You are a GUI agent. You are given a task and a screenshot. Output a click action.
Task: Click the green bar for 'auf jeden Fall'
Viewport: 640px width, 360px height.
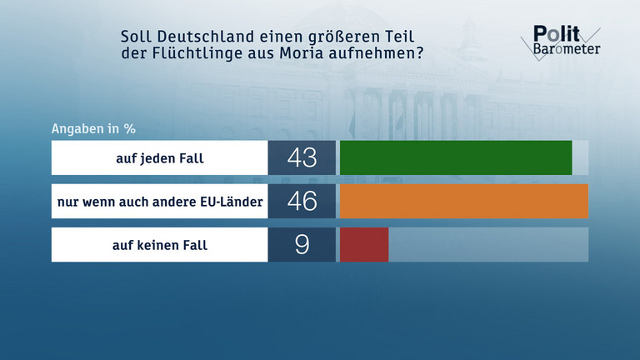pyautogui.click(x=456, y=157)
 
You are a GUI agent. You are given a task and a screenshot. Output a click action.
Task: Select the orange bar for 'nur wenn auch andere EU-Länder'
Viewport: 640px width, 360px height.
pyautogui.click(x=463, y=201)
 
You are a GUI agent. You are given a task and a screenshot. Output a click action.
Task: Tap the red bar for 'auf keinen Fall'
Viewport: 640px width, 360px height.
pyautogui.click(x=364, y=245)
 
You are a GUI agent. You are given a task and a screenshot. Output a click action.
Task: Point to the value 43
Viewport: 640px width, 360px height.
pyautogui.click(x=301, y=157)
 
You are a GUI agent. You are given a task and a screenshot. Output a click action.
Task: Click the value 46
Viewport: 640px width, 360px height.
pyautogui.click(x=301, y=201)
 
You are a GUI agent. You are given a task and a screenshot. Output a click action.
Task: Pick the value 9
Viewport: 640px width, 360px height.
pyautogui.click(x=301, y=245)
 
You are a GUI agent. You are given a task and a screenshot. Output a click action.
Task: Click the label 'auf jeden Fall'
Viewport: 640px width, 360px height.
pyautogui.click(x=160, y=157)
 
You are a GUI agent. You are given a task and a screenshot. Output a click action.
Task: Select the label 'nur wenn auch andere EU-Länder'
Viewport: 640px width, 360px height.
pyautogui.click(x=160, y=201)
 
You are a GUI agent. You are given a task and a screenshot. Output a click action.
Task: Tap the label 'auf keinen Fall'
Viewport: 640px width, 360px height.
pyautogui.click(x=160, y=245)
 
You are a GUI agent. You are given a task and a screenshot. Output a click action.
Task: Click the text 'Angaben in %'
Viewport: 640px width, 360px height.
pyautogui.click(x=93, y=129)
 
